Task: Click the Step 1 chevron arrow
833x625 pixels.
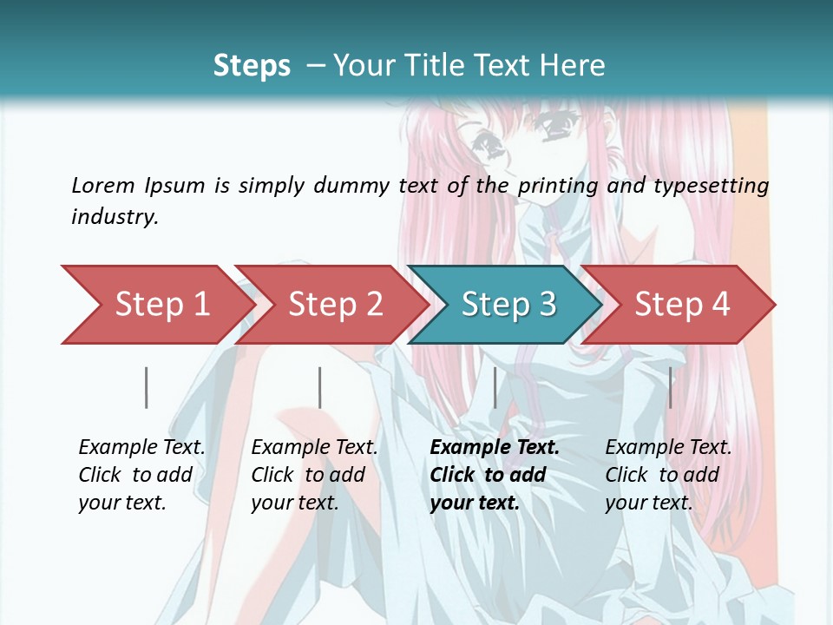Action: [161, 305]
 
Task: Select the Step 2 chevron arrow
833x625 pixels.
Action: [335, 305]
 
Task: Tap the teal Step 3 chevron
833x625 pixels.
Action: [508, 305]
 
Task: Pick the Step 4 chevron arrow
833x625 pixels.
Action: [682, 305]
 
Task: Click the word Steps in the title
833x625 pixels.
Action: [252, 66]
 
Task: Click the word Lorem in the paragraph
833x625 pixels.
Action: [103, 185]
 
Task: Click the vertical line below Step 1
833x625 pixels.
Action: [147, 387]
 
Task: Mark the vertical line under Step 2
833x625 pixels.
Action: [320, 387]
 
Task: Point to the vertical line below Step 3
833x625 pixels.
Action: [495, 387]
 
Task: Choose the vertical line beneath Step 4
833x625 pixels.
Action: [670, 387]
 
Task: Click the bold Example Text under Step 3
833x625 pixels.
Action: [495, 448]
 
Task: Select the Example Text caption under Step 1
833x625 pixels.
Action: [141, 448]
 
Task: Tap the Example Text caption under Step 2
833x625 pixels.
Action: [314, 448]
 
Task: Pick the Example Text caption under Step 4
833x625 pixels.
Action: [668, 448]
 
